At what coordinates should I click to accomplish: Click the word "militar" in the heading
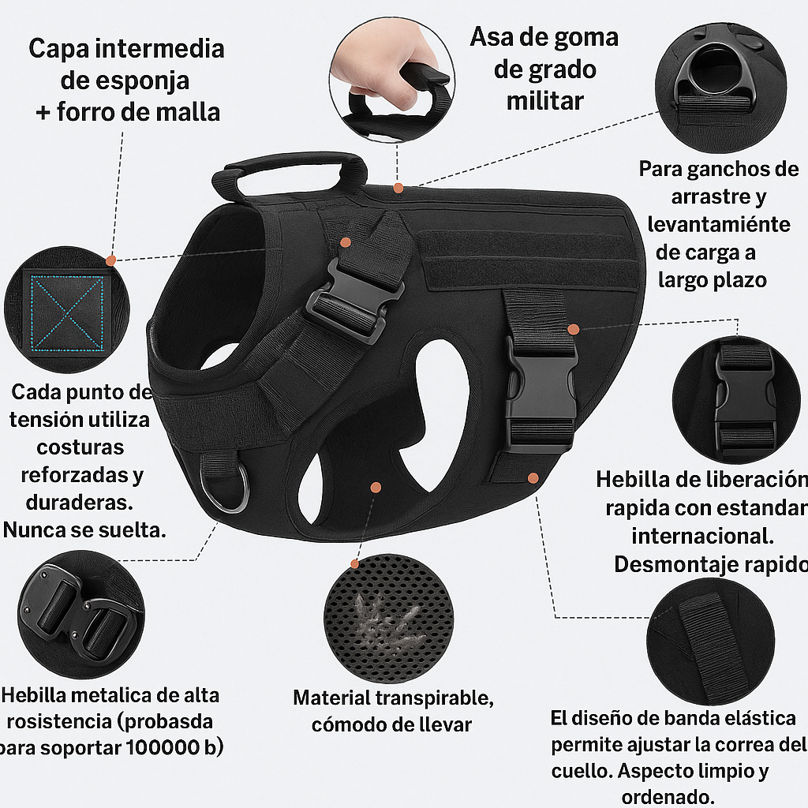(x=544, y=101)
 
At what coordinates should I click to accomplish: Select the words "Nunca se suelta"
(x=84, y=530)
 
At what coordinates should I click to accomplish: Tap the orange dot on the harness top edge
(x=398, y=188)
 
